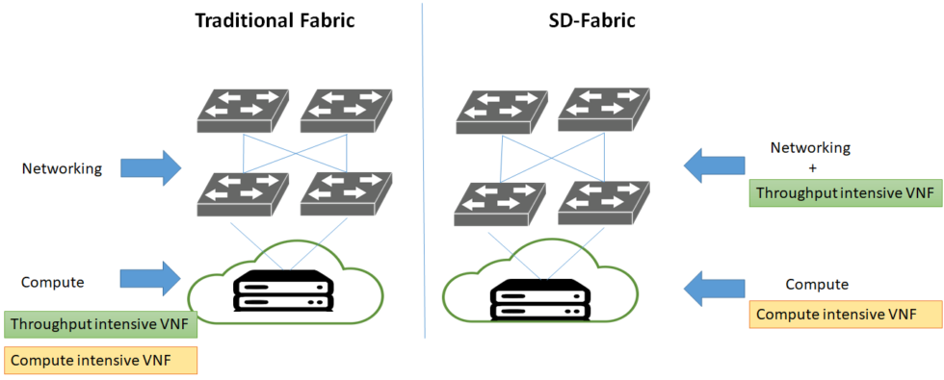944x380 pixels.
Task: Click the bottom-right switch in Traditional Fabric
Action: tap(343, 192)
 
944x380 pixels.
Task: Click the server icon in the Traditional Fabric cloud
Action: tap(283, 290)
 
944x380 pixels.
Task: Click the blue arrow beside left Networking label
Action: tap(151, 167)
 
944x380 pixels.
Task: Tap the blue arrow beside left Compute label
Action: tap(151, 278)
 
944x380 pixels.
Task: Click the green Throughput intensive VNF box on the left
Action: tap(101, 324)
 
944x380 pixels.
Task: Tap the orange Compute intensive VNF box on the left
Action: tap(101, 360)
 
